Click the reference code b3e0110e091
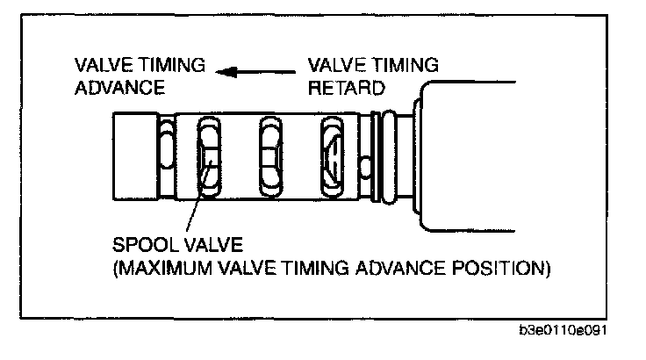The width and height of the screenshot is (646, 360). point(565,332)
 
